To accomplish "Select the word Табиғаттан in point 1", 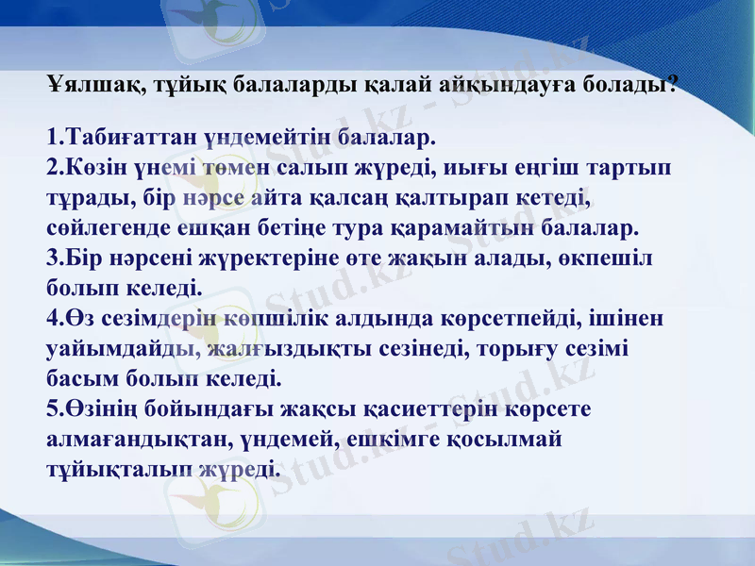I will pyautogui.click(x=121, y=137).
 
